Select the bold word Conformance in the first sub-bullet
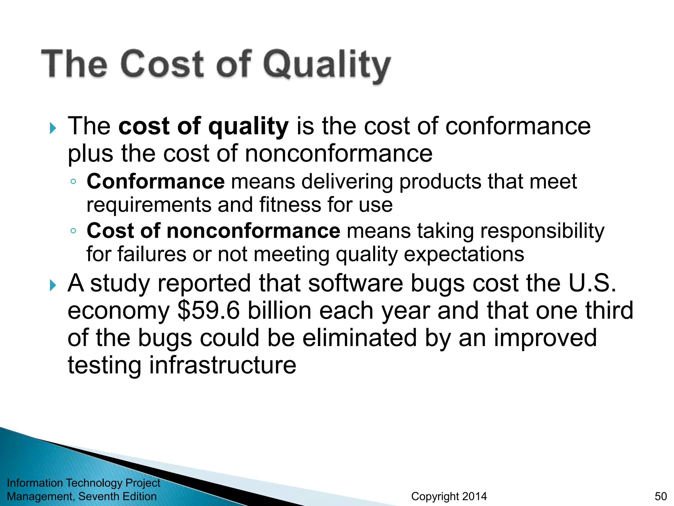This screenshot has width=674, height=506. point(156,182)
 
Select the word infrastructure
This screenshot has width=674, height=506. point(222,365)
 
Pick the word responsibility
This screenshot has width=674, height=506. point(542,231)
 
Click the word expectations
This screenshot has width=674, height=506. point(464,254)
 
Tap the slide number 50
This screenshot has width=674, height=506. point(661,496)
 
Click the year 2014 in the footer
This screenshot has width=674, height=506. point(474,496)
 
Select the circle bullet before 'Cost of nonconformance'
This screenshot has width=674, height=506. point(73,231)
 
